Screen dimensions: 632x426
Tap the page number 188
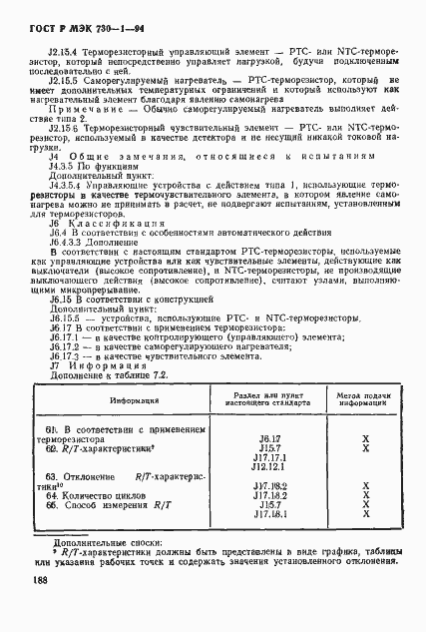coord(39,608)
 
